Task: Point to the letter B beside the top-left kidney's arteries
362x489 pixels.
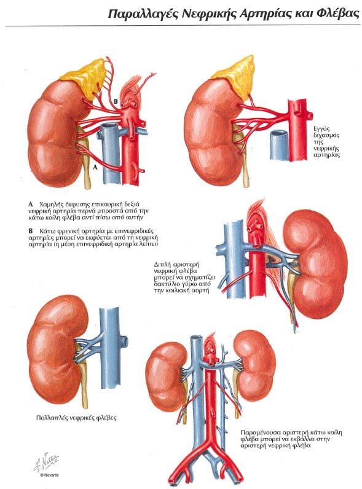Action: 116,101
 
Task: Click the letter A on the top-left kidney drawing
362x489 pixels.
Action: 95,167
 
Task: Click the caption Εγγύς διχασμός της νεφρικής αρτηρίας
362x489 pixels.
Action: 326,142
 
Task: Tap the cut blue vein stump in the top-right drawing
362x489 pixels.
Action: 278,146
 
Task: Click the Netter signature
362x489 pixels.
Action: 46,462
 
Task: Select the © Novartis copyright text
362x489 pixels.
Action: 49,475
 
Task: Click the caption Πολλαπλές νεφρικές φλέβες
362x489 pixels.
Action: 76,418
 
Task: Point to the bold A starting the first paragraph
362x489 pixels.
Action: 31,205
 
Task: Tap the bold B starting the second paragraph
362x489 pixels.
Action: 31,231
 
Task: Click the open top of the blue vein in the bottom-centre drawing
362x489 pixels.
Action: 196,338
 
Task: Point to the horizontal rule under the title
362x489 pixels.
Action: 183,26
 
